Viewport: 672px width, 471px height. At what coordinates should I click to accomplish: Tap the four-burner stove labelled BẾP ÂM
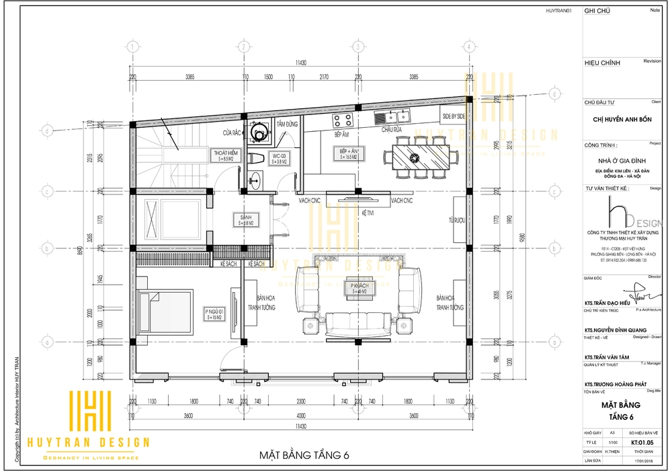click(343, 121)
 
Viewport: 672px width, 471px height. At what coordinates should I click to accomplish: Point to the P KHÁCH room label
click(357, 288)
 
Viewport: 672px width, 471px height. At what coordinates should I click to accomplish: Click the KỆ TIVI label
click(368, 212)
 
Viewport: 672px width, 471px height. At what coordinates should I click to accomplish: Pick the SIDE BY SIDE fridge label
click(453, 116)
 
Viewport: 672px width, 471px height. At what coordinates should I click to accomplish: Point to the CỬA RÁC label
click(233, 132)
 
